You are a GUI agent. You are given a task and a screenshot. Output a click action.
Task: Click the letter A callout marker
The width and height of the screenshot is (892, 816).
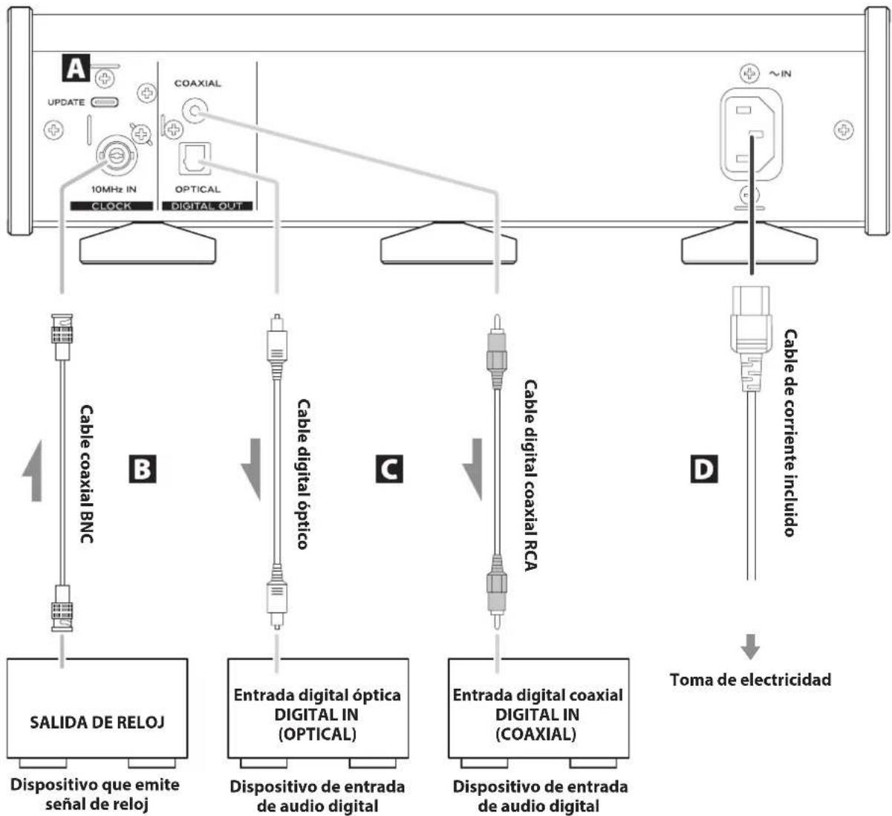[x=76, y=68]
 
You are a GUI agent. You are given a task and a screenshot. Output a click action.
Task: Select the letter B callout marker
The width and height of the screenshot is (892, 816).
[x=143, y=468]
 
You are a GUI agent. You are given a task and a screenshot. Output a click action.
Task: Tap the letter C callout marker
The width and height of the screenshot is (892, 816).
[x=389, y=468]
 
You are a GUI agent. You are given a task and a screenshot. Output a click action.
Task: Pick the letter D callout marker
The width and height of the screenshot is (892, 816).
[x=704, y=468]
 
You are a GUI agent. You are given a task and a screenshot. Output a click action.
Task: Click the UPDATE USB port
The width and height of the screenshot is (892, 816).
[x=105, y=103]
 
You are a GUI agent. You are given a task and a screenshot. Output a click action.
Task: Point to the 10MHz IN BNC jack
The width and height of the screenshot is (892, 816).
[x=117, y=156]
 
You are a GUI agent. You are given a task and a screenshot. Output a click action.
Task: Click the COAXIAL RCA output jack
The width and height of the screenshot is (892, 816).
[x=195, y=110]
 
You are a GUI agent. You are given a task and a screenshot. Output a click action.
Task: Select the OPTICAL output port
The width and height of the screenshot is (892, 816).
[x=195, y=159]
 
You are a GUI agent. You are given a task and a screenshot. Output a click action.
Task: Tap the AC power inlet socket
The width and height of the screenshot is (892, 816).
[x=751, y=135]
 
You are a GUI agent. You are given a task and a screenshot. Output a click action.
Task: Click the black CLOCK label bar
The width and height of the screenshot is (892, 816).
[x=111, y=206]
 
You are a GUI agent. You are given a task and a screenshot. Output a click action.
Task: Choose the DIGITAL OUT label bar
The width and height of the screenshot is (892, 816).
[x=207, y=206]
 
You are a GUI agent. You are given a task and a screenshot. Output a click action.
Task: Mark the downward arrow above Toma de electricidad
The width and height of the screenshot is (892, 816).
[x=750, y=647]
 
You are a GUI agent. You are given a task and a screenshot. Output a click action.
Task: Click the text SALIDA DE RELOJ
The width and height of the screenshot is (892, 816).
[x=97, y=722]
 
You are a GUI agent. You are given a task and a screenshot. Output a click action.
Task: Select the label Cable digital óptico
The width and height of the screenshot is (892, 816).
[x=303, y=474]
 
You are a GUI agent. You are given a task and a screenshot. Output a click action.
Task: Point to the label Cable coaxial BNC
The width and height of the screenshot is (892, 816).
[x=86, y=474]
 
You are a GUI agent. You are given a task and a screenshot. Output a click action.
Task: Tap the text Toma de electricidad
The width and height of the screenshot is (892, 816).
[x=750, y=679]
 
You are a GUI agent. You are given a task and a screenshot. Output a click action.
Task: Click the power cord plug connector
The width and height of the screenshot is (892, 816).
[x=751, y=338]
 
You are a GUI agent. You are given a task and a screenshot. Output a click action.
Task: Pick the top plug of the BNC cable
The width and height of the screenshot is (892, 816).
[x=62, y=337]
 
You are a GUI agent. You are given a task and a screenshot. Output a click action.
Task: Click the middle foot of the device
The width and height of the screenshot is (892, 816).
[x=449, y=243]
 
